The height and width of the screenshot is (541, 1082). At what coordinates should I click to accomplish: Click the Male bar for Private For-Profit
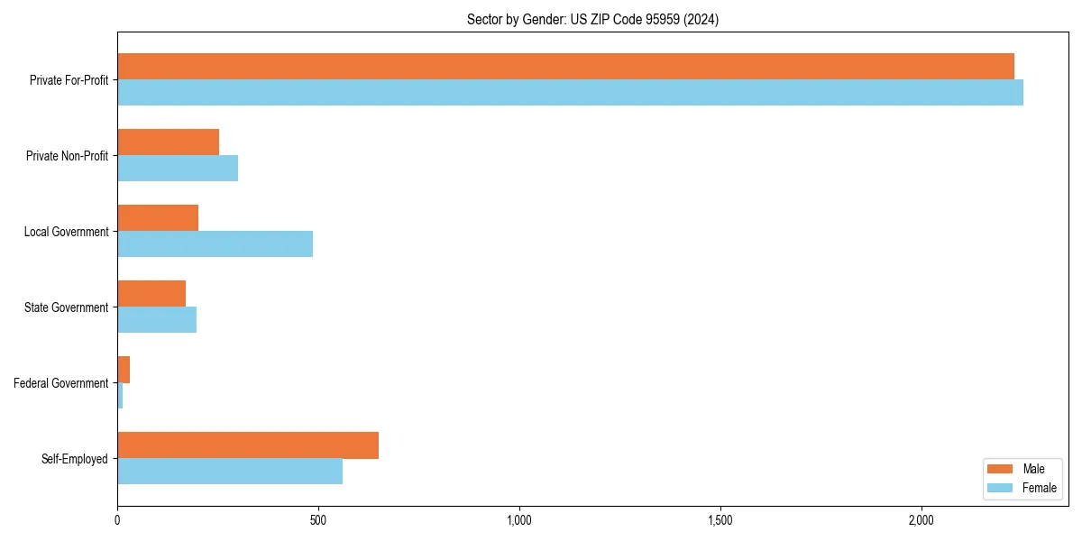(565, 67)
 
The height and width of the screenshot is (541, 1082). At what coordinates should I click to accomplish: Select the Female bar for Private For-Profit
(570, 93)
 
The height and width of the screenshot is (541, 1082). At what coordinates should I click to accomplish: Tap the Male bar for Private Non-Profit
(168, 142)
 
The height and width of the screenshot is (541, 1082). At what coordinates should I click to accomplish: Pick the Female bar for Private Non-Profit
(178, 169)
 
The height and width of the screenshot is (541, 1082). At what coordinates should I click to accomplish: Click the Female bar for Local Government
(215, 244)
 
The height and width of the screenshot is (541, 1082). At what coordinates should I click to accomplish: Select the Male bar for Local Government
(158, 218)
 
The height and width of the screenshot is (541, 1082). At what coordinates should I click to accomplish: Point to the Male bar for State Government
(151, 294)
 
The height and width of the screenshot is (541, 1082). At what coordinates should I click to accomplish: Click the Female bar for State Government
(157, 320)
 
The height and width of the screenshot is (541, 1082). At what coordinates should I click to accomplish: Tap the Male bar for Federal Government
(124, 370)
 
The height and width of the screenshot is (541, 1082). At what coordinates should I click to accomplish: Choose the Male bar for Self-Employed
(248, 445)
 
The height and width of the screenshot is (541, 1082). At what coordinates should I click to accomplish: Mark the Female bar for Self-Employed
(230, 472)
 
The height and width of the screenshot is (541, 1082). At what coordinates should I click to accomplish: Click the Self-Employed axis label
(74, 459)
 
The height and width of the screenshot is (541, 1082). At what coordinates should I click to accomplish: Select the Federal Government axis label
(60, 383)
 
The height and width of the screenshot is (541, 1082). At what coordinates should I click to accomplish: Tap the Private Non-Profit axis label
(67, 156)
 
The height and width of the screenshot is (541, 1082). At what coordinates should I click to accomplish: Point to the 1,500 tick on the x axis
(720, 520)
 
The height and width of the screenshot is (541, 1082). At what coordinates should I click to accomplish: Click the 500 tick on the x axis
(317, 520)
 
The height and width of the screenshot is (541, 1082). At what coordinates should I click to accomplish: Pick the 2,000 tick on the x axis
(921, 520)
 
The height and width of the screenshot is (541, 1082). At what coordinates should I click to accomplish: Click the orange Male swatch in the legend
(1001, 469)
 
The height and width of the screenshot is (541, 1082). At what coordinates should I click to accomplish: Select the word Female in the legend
(1039, 488)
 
